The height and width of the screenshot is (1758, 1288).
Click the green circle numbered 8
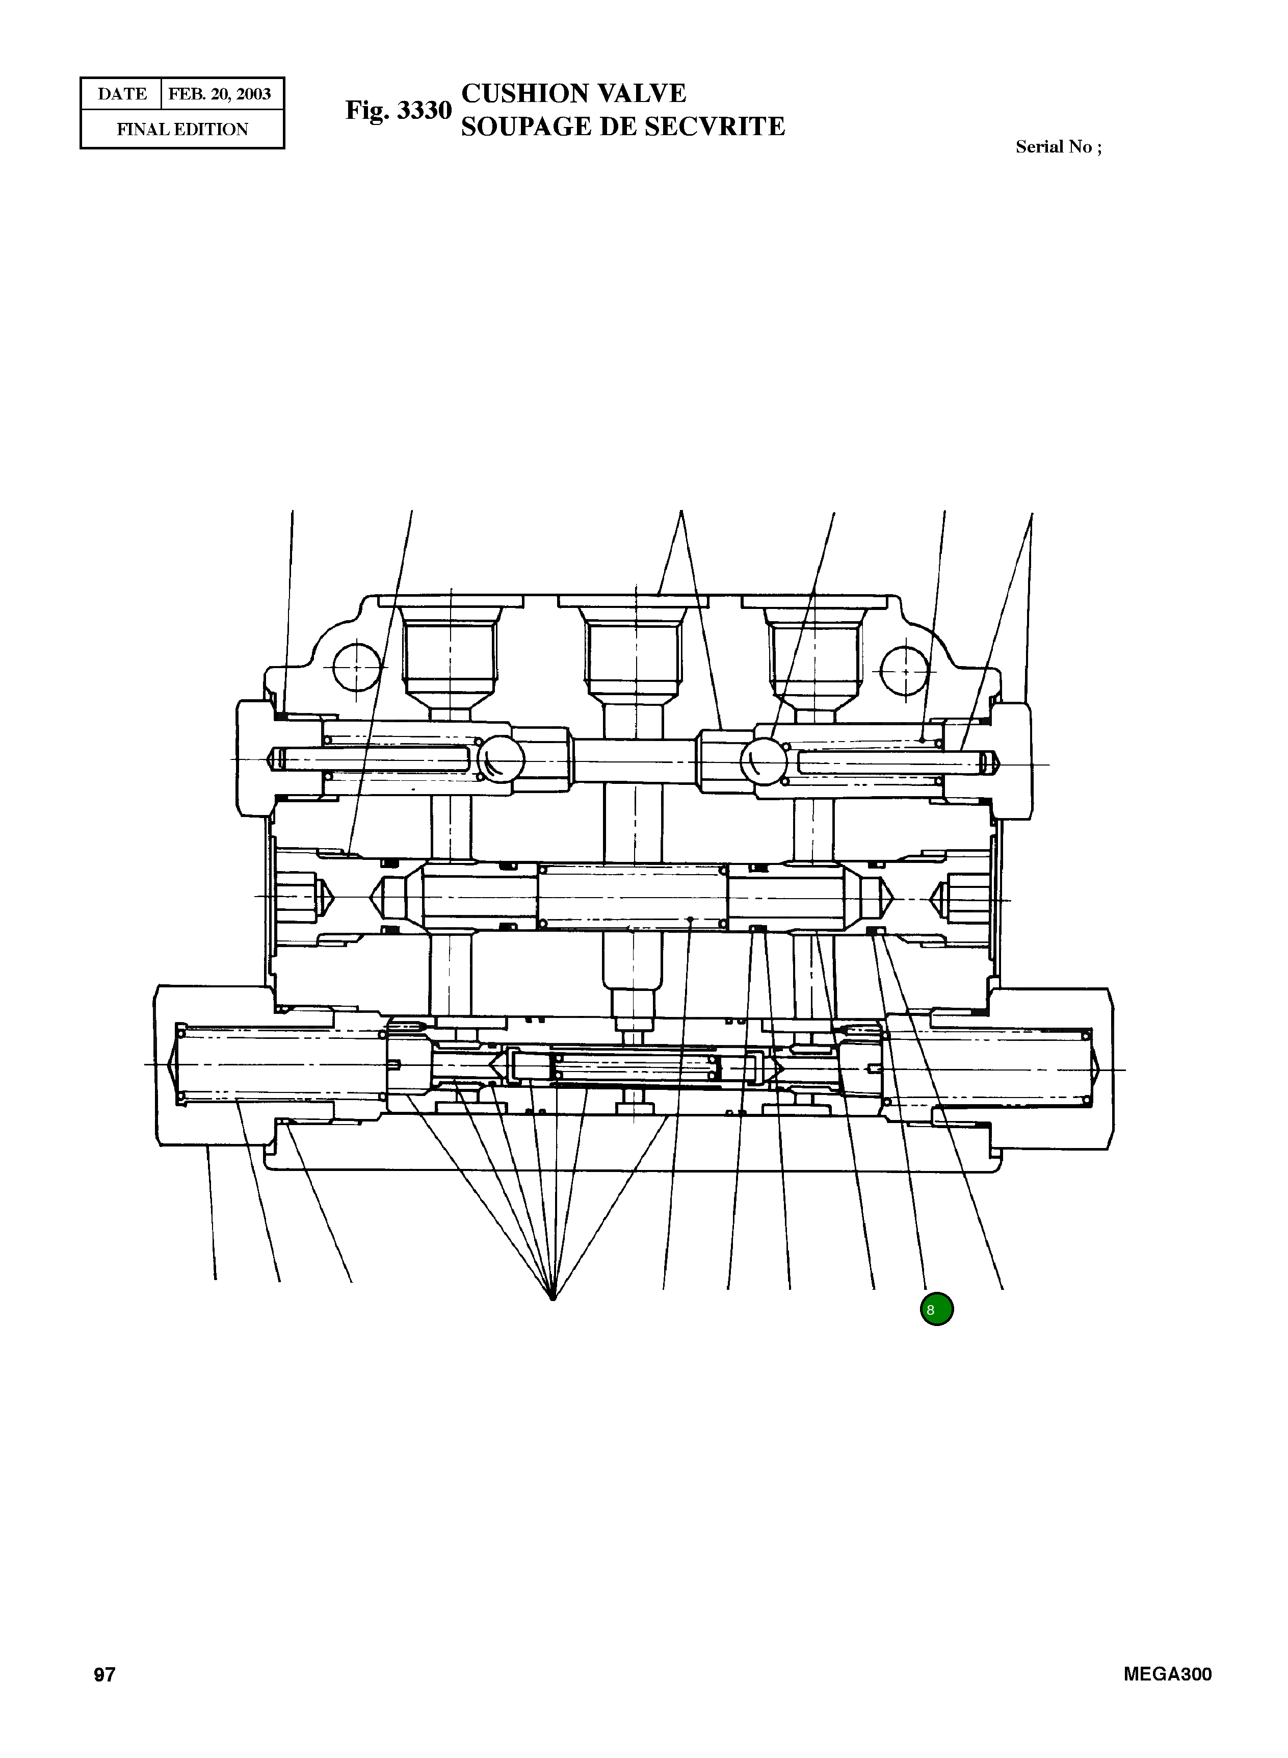click(x=936, y=1310)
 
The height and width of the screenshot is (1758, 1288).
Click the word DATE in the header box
click(x=122, y=94)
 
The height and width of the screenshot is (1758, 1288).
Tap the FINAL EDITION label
click(x=182, y=130)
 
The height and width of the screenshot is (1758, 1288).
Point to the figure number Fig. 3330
click(x=399, y=110)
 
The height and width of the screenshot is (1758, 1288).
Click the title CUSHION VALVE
click(x=574, y=94)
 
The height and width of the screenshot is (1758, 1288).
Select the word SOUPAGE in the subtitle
click(x=524, y=126)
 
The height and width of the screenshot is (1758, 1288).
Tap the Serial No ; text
click(x=1058, y=147)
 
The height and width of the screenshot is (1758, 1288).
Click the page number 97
click(x=104, y=1674)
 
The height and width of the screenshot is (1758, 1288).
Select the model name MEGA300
click(x=1167, y=1674)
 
